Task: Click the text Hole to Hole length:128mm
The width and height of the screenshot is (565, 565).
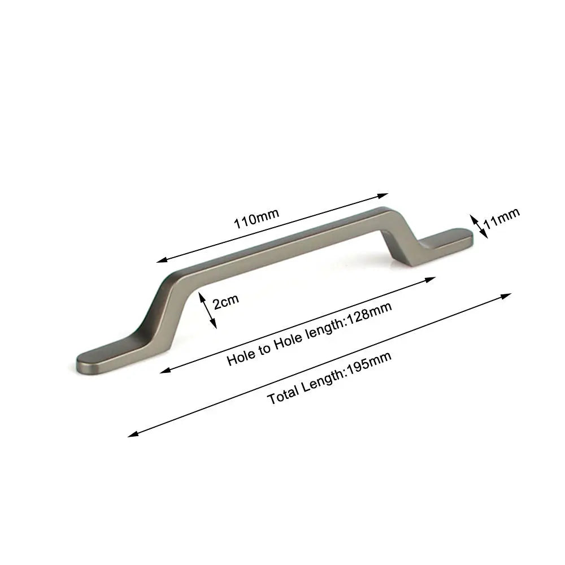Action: pyautogui.click(x=309, y=334)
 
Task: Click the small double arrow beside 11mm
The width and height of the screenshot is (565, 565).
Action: pyautogui.click(x=478, y=225)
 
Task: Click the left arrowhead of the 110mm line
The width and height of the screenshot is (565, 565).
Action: pyautogui.click(x=161, y=260)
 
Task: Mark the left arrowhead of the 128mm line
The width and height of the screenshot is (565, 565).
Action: pyautogui.click(x=164, y=371)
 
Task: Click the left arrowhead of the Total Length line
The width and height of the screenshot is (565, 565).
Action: pyautogui.click(x=132, y=434)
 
